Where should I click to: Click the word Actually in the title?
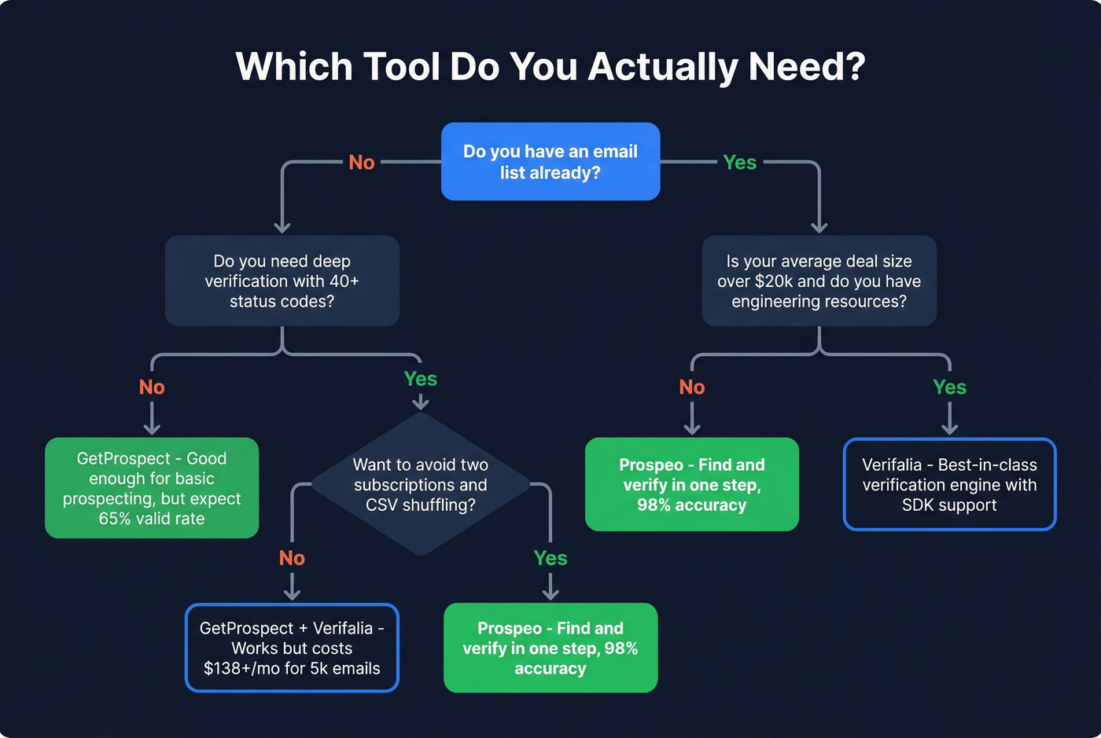point(665,67)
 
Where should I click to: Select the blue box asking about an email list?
point(550,161)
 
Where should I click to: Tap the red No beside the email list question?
point(362,163)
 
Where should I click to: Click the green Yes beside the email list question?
point(739,163)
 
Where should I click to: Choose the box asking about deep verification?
point(282,281)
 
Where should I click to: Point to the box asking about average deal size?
point(819,281)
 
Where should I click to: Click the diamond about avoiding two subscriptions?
point(421,484)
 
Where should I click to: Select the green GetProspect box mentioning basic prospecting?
point(152,487)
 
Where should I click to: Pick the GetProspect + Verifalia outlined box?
point(292,648)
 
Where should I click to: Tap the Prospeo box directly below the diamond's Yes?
point(550,648)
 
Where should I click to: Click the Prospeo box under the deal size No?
point(691,484)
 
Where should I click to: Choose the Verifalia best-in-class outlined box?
point(949,484)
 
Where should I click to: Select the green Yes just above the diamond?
point(421,379)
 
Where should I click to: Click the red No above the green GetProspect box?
point(152,387)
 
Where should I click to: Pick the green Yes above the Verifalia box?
point(949,387)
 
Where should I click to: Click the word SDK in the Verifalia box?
point(919,505)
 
